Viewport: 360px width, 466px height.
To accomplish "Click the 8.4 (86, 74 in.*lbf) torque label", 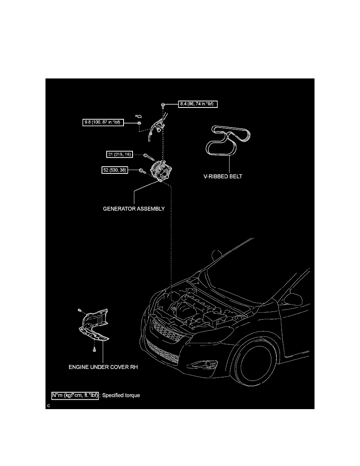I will (x=198, y=104).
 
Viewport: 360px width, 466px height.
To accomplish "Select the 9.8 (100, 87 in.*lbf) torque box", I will (x=103, y=123).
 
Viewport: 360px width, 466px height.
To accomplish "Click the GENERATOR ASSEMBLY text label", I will (x=134, y=209).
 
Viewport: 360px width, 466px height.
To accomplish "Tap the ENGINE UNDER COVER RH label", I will (x=104, y=368).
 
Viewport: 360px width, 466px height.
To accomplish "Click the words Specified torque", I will (x=121, y=395).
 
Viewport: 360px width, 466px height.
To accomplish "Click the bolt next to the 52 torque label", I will (x=141, y=171).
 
